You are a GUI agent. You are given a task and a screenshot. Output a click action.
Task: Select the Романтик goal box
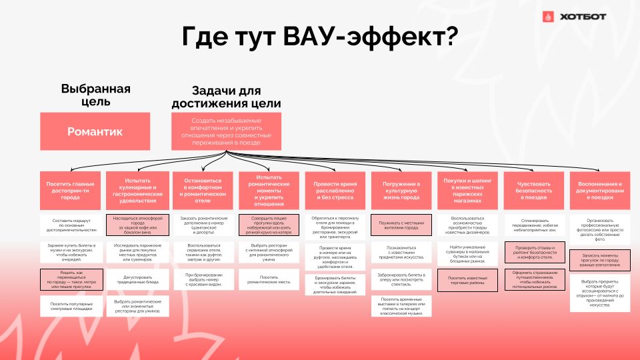coord(95,131)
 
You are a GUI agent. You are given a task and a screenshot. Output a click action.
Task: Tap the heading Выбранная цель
coord(95,95)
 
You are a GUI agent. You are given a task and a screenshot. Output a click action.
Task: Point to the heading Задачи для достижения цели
coord(226,97)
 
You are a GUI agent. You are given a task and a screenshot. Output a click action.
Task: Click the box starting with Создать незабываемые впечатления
coord(226,131)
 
